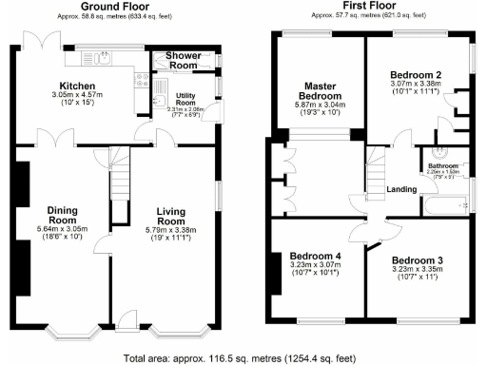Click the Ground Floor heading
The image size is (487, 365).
click(119, 7)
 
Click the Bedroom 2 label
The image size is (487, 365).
click(417, 74)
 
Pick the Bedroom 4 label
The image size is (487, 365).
click(315, 257)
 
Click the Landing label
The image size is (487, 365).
click(401, 189)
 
